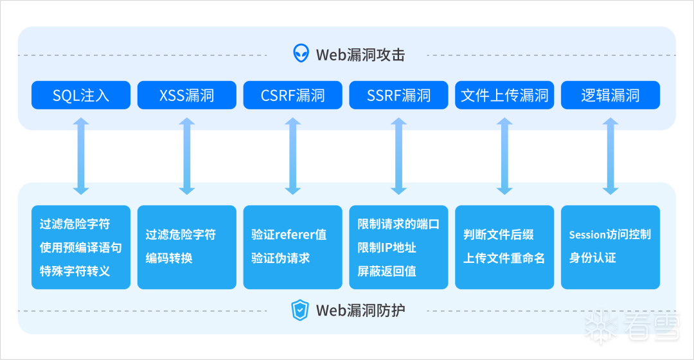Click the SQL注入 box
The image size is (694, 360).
pos(81,95)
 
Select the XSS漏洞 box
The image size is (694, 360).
pos(187,95)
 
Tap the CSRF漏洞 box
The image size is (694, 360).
pos(292,95)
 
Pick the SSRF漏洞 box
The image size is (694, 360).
pos(398,95)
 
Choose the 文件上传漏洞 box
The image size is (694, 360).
pos(504,95)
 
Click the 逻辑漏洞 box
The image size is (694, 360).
pos(610,95)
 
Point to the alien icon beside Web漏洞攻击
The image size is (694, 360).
pos(301,53)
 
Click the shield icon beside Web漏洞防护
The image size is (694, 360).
pos(300,310)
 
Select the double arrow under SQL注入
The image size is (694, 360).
pos(81,156)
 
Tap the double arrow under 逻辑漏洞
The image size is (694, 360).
pos(610,156)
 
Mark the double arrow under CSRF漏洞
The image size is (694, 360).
pos(292,156)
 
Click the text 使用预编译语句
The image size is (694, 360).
pos(80,248)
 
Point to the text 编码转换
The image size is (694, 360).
pos(169,258)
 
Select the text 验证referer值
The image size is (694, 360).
pos(289,234)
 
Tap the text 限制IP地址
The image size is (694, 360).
pos(387,248)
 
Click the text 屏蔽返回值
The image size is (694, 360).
pos(387,271)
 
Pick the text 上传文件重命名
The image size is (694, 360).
pos(504,258)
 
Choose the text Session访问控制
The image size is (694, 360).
pos(610,234)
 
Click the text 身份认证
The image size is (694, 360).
pos(592,258)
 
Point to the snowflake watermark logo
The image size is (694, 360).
pos(601,327)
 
